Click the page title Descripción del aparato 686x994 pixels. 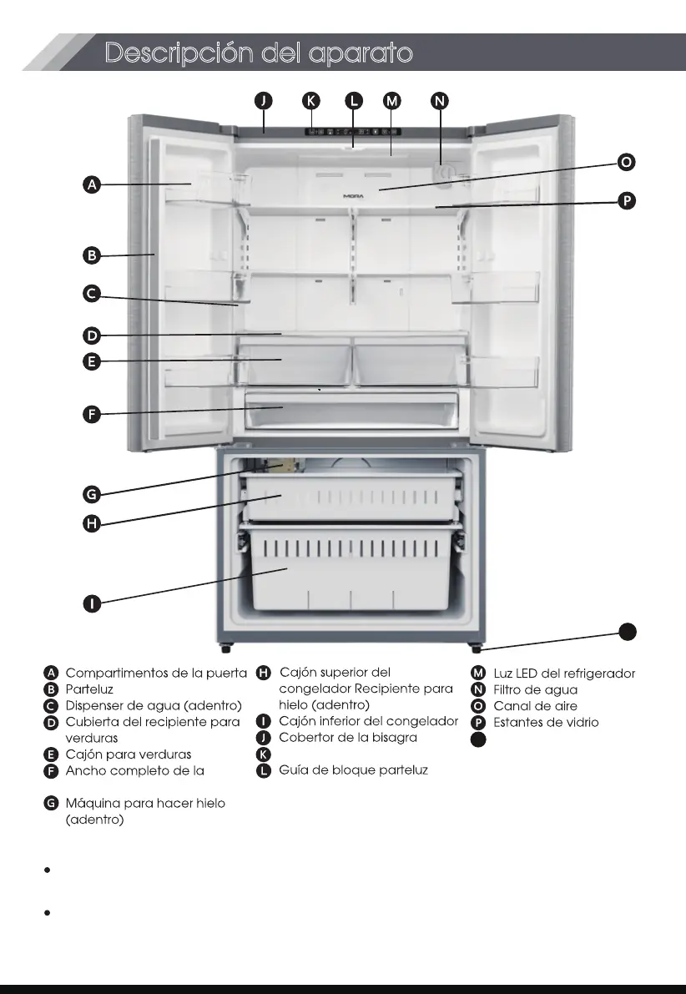259,53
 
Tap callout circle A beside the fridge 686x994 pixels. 93,184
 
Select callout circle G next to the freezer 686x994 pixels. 93,494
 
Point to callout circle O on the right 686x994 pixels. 626,162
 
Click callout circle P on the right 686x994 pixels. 626,200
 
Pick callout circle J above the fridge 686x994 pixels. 264,100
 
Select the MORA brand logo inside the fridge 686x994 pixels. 354,197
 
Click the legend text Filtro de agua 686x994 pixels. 535,689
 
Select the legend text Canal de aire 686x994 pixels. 535,706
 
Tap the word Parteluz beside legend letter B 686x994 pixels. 89,689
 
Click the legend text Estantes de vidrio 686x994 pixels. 546,722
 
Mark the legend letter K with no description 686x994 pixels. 264,754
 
